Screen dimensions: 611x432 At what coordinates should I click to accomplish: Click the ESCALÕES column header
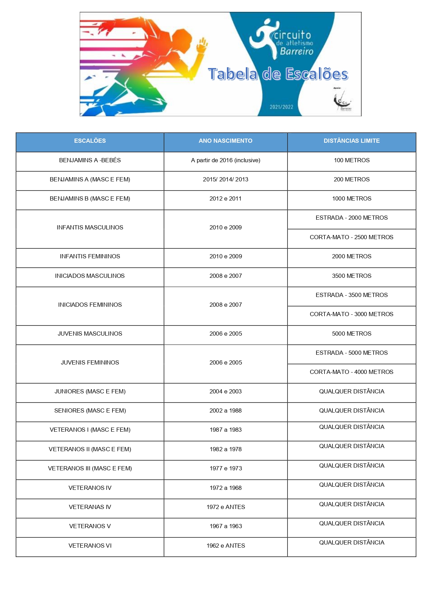click(90, 141)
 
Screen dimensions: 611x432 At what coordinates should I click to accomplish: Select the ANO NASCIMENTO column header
click(226, 141)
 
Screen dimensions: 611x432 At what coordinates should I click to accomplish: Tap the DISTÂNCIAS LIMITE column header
click(352, 141)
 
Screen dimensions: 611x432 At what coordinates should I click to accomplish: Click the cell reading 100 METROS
click(352, 160)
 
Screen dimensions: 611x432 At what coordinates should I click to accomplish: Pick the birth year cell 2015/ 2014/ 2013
click(226, 180)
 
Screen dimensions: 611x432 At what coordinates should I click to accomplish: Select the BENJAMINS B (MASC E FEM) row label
click(90, 199)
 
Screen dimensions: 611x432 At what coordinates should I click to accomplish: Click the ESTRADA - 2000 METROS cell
click(352, 218)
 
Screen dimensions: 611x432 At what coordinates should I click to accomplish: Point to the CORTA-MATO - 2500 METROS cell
click(352, 237)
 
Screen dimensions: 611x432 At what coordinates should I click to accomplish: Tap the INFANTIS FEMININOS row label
click(90, 257)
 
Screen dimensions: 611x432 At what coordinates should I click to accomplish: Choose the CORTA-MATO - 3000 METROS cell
click(352, 314)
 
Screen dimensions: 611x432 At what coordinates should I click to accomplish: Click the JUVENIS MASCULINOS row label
click(90, 334)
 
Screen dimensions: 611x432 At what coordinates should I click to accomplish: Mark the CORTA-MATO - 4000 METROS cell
click(352, 372)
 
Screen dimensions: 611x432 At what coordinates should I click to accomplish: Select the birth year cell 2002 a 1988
click(226, 411)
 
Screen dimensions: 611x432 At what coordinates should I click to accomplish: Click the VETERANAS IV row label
click(90, 507)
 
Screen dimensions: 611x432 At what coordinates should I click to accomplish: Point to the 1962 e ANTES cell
click(226, 546)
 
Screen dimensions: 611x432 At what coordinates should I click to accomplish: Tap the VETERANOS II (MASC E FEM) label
click(90, 449)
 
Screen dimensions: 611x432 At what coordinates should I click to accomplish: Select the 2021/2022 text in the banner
click(281, 107)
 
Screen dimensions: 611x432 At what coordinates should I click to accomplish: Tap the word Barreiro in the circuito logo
click(297, 52)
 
